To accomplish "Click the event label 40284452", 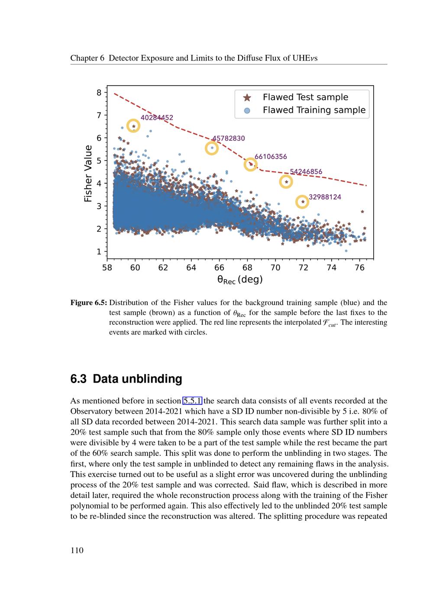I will (x=157, y=117).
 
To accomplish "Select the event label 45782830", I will (x=228, y=139).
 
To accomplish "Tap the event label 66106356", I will (x=271, y=157).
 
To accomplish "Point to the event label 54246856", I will (x=306, y=172).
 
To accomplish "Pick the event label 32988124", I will (x=325, y=197).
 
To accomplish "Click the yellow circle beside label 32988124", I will (x=302, y=202).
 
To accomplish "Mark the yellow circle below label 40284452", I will (x=133, y=126).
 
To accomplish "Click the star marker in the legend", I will (x=247, y=98).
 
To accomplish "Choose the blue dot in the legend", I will (x=247, y=110).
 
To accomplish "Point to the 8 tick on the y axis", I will (x=99, y=93).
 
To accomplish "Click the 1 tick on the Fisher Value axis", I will (x=99, y=251).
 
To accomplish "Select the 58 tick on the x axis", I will (x=107, y=268).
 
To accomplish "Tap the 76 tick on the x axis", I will (x=359, y=268).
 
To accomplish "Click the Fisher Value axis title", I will (x=88, y=174).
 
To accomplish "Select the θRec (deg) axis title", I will (x=240, y=280).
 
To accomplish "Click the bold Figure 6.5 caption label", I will (x=89, y=303).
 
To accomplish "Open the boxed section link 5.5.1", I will (x=192, y=401).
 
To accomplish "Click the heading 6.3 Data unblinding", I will (x=126, y=379).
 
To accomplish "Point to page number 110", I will (x=77, y=551).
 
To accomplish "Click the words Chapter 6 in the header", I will (x=87, y=58).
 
